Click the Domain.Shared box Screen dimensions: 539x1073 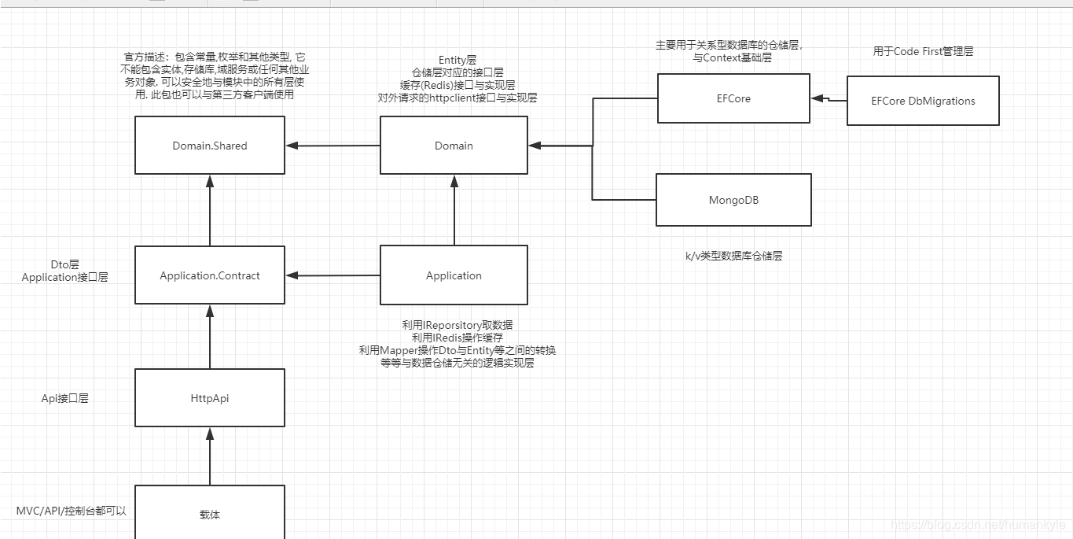tap(210, 146)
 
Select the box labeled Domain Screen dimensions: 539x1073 tap(454, 146)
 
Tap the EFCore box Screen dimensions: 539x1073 tap(733, 98)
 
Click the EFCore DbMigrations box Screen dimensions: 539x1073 tap(923, 101)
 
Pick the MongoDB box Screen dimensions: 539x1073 tap(733, 200)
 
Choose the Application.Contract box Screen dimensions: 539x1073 tap(210, 275)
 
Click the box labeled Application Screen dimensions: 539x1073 tap(454, 275)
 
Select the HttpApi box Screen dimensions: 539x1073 tap(210, 398)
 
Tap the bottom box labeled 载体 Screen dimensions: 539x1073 tap(210, 514)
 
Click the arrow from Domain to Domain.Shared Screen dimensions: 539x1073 tap(333, 146)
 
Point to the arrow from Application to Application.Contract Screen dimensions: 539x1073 tap(333, 275)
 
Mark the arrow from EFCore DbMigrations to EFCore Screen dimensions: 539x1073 tap(829, 100)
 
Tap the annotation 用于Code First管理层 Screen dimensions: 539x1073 tap(923, 51)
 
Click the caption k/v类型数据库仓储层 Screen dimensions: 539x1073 tap(733, 256)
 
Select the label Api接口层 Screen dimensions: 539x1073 tap(65, 398)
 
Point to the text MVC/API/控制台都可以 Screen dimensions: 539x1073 tap(72, 511)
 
